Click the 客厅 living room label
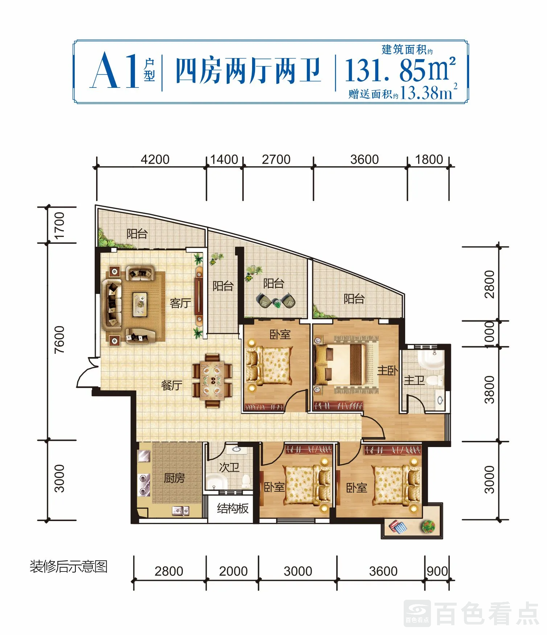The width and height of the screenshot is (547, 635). (x=180, y=303)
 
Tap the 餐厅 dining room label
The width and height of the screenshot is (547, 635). (x=172, y=385)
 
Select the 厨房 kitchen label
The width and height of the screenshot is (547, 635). (x=174, y=478)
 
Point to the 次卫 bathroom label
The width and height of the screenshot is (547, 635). (x=229, y=467)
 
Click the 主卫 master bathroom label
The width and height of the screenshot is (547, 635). (x=414, y=380)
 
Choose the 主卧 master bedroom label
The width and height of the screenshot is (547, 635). (x=387, y=370)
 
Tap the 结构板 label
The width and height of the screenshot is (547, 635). (x=233, y=508)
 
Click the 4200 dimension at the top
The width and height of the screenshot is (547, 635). (x=155, y=159)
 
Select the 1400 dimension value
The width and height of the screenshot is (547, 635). (x=224, y=159)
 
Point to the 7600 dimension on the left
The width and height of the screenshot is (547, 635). (x=59, y=340)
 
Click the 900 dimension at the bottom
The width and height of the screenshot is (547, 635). (x=437, y=571)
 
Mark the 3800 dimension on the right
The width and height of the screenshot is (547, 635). (x=489, y=390)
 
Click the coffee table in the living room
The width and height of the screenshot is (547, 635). (x=140, y=304)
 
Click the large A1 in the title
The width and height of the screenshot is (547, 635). (x=115, y=70)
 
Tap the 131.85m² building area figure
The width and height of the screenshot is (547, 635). (x=400, y=70)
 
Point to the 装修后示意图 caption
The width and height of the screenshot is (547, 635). (x=69, y=566)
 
